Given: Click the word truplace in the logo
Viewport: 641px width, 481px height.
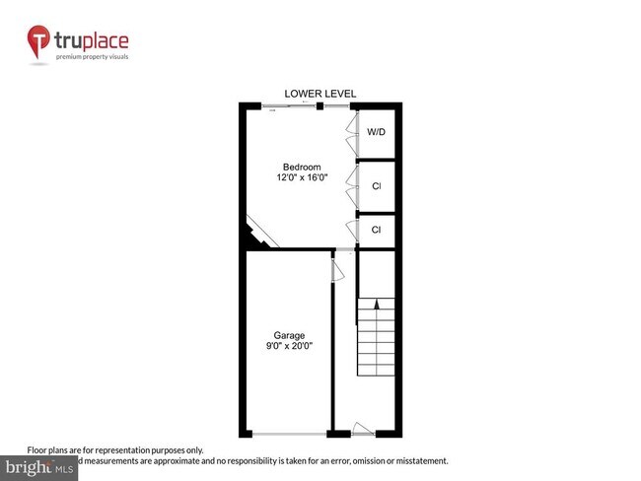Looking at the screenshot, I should point(91,40).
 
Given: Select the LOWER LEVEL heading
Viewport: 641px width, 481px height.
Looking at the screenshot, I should point(320,94).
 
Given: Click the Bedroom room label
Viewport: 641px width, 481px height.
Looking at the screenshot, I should point(301,166).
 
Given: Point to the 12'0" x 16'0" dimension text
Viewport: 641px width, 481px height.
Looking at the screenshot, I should point(301,177).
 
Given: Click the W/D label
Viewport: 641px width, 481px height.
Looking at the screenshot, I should point(376,132).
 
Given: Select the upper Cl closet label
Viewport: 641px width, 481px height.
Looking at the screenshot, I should point(376,186).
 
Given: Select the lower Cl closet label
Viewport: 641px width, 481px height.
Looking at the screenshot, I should point(376,230).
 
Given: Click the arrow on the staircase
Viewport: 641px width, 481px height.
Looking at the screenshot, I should point(376,309).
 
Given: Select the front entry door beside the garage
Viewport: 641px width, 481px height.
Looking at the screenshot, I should point(363,430).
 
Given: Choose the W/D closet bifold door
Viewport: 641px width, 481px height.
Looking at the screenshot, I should point(351,132).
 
